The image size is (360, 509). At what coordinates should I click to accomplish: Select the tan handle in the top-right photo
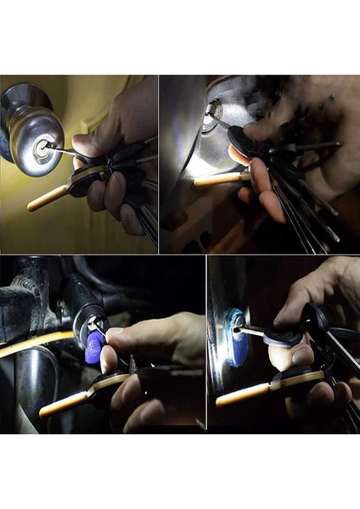(212, 179)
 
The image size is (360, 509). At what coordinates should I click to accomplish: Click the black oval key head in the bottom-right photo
(282, 337)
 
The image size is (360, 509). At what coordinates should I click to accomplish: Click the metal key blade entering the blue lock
(250, 332)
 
